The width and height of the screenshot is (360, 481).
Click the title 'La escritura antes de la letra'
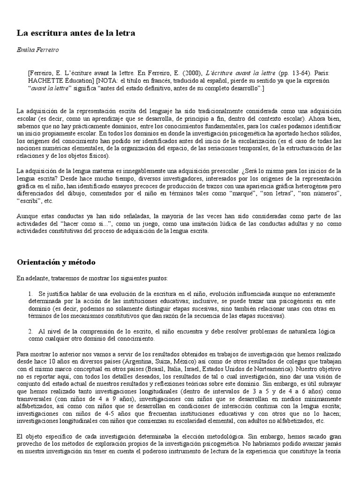76,33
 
